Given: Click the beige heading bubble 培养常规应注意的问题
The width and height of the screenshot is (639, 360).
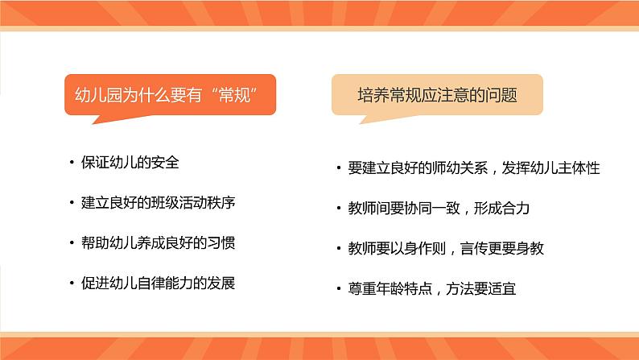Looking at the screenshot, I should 437,95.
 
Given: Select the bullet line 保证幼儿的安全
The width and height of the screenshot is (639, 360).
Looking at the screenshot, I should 130,162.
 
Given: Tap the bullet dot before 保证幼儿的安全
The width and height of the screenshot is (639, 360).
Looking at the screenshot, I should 73,163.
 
